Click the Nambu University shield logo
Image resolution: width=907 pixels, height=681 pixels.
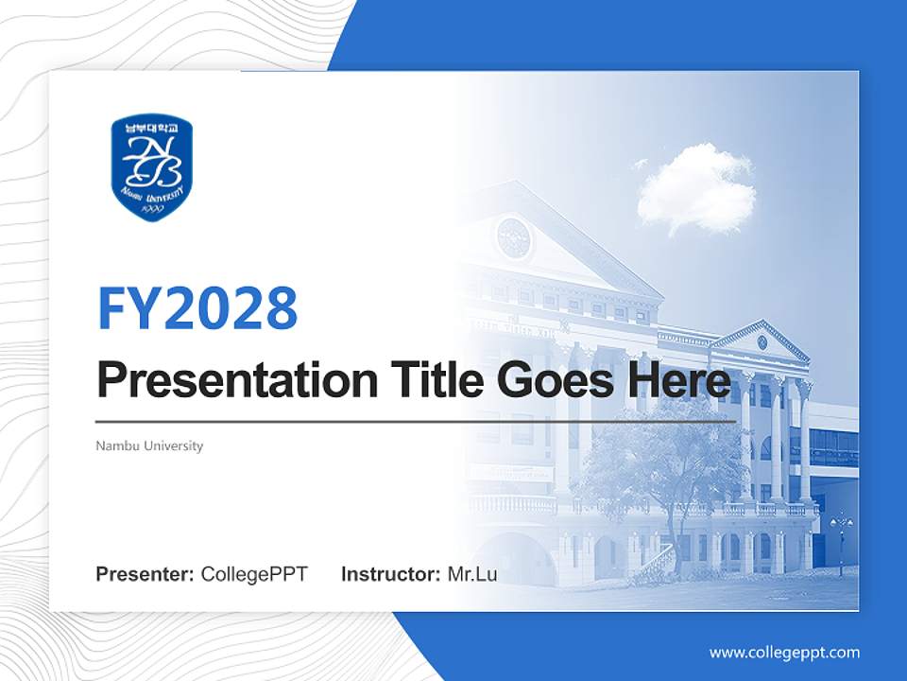click(151, 167)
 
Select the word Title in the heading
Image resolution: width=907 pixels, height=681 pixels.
click(434, 380)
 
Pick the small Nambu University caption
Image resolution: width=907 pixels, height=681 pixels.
click(149, 445)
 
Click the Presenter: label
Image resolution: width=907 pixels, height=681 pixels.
click(145, 574)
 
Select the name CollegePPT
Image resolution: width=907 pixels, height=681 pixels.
click(254, 574)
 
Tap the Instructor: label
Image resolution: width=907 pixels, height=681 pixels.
click(391, 574)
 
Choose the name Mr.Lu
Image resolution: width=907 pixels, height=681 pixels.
click(472, 574)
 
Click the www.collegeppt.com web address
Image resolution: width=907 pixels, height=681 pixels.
click(784, 653)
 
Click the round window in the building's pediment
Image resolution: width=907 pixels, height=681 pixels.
click(513, 237)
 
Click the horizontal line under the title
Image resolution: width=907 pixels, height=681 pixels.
click(416, 421)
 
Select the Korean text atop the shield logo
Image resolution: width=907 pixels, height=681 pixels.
click(151, 126)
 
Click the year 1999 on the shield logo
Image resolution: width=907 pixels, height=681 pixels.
click(151, 208)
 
